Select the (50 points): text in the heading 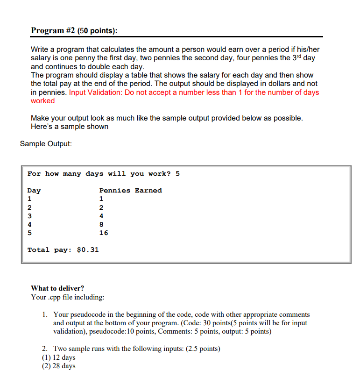click(97, 30)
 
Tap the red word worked click(42, 100)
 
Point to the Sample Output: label click(46, 143)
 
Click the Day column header click(34, 190)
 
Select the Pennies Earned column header click(130, 190)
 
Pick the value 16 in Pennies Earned click(103, 233)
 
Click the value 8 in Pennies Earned click(101, 224)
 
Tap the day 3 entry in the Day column click(30, 216)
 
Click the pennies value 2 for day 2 click(101, 207)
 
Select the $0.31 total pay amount click(87, 250)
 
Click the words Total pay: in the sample click(48, 250)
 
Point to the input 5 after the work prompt click(177, 173)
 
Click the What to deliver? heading click(57, 288)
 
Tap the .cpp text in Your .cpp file click(55, 297)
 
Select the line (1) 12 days click(58, 357)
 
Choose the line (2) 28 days click(58, 366)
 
